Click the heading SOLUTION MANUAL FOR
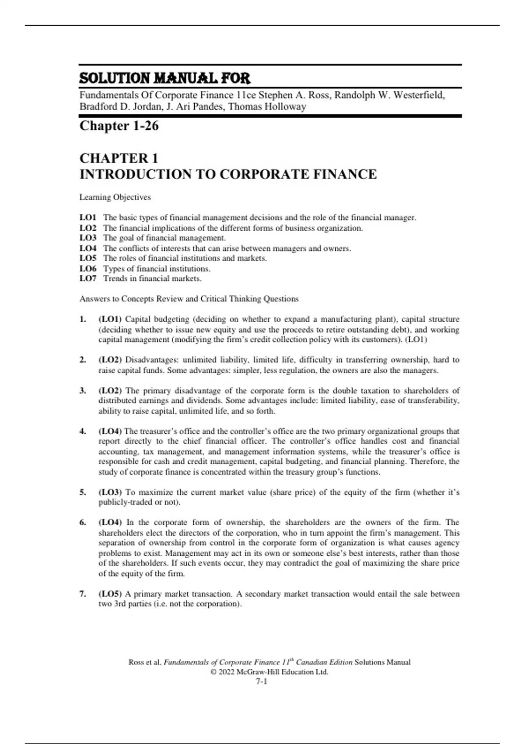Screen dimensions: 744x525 click(164, 78)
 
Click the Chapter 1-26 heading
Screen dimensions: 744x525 click(119, 126)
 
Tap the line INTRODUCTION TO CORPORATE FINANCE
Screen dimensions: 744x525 click(227, 174)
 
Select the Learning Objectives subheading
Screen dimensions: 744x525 click(115, 197)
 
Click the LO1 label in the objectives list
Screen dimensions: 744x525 click(87, 218)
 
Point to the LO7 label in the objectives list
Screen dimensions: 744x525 click(87, 278)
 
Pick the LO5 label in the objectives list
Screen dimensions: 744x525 click(87, 258)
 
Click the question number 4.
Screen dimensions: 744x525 click(83, 431)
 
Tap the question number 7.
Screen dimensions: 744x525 click(83, 594)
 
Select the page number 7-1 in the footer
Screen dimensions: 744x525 click(262, 681)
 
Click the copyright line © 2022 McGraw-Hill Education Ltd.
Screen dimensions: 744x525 click(269, 672)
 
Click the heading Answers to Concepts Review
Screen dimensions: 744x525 click(189, 299)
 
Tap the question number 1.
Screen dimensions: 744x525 click(83, 319)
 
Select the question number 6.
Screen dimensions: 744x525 click(83, 522)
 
